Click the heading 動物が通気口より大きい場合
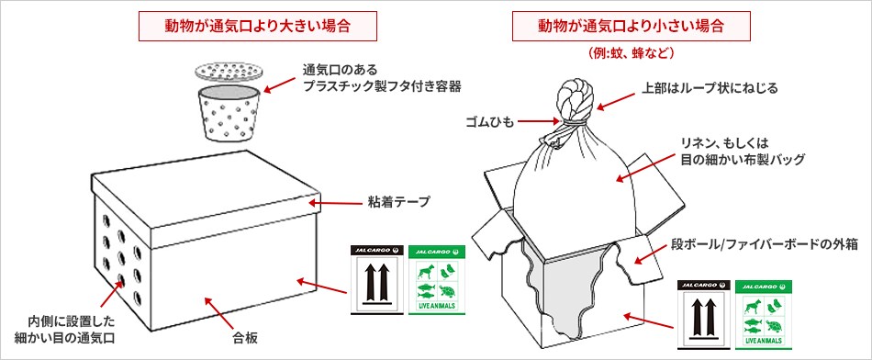click(257, 25)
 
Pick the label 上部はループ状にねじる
click(709, 89)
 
